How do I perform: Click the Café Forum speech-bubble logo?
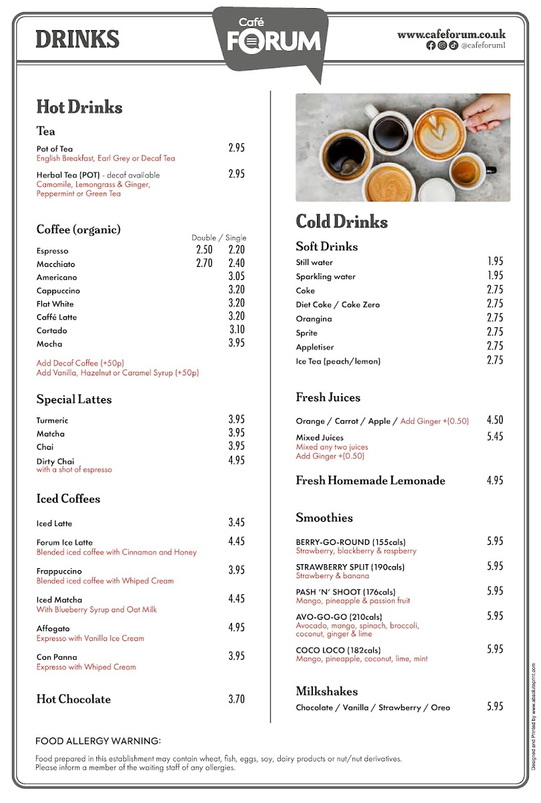(271, 38)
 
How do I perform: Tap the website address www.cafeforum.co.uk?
(451, 34)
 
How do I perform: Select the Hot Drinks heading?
(79, 107)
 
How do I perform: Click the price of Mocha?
(237, 343)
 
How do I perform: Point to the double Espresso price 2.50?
(204, 250)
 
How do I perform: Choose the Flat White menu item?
(55, 304)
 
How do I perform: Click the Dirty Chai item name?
(55, 461)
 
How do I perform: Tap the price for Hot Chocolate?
(237, 699)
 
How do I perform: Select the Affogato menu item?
(53, 628)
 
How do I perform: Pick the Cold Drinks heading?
(342, 221)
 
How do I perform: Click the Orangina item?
(314, 319)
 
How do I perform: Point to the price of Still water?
(495, 262)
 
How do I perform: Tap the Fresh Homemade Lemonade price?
(495, 480)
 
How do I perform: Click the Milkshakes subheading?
(326, 691)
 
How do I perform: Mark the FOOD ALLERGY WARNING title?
(98, 741)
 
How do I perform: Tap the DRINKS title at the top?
(77, 39)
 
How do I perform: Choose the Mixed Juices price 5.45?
(495, 437)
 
